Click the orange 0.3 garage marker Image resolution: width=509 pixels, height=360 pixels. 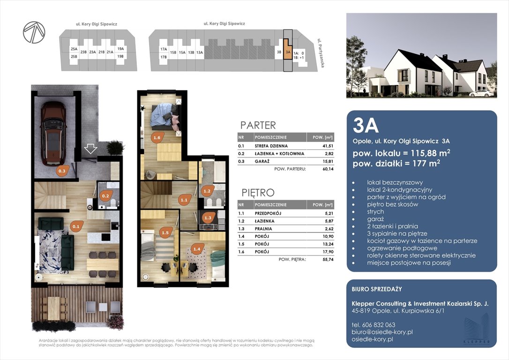pos(62,171)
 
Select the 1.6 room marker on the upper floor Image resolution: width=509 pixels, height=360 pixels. pos(157,138)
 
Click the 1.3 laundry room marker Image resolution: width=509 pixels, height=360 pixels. pos(208,218)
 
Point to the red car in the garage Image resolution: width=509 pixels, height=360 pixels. pos(53,133)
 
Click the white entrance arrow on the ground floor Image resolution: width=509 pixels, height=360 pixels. pos(90,149)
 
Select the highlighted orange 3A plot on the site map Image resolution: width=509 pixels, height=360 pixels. pos(288,49)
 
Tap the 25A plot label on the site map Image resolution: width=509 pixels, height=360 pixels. pos(74,49)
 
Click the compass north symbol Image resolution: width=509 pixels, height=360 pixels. pos(34,32)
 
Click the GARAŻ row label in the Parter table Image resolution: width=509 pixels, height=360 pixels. pos(262,161)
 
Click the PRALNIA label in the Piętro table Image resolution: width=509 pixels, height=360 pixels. pos(263,229)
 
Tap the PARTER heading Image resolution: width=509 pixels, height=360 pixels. pos(258,125)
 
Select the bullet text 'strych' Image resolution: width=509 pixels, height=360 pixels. pos(375,212)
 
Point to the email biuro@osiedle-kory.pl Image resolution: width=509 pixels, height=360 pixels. pos(382,332)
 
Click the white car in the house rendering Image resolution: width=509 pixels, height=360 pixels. pos(481,93)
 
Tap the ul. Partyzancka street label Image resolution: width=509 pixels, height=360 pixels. pos(321,53)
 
